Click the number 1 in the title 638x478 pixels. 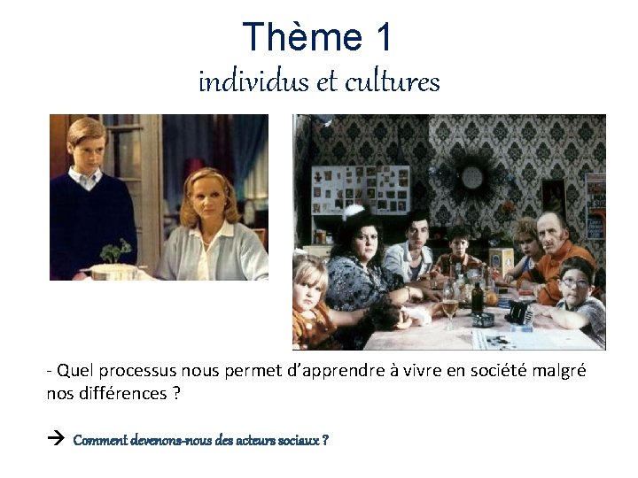(382, 37)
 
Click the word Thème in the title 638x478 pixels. (301, 37)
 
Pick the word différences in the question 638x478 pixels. (118, 393)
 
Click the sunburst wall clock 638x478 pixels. (471, 177)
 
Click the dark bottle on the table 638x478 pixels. (478, 296)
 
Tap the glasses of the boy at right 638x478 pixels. (573, 282)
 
